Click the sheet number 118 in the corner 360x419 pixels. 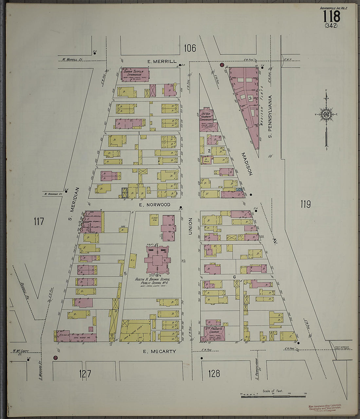click(x=332, y=16)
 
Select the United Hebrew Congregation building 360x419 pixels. click(x=206, y=119)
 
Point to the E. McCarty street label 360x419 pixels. click(x=159, y=351)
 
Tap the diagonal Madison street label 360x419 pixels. click(x=247, y=164)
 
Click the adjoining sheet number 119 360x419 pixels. click(x=305, y=205)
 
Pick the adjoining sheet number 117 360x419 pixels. click(x=39, y=222)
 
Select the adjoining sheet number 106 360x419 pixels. click(x=190, y=48)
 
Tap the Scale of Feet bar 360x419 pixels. click(x=273, y=396)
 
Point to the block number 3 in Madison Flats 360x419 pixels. click(x=250, y=98)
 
